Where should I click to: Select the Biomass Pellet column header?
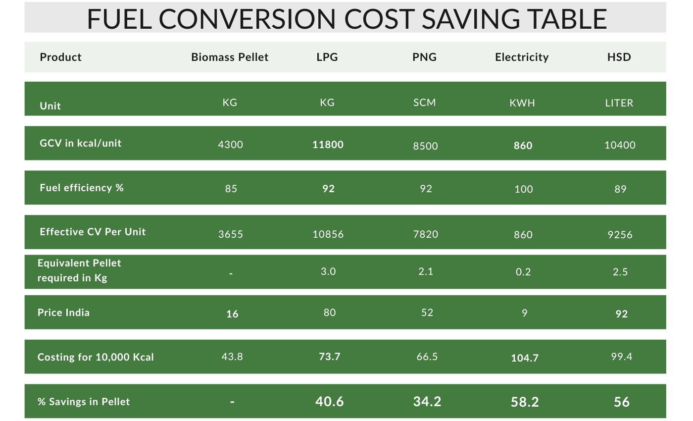click(230, 57)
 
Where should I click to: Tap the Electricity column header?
click(522, 57)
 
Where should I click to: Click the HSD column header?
click(619, 57)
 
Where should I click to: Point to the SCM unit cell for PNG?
click(425, 103)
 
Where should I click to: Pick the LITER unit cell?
click(619, 103)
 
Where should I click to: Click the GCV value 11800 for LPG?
click(328, 145)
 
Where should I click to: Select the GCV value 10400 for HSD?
click(620, 145)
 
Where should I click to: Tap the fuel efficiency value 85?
click(231, 189)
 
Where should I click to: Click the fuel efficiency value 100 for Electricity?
click(523, 189)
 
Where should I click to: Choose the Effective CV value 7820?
click(425, 234)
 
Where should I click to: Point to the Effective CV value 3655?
click(231, 234)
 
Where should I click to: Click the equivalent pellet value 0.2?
click(523, 272)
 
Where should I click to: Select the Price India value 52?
click(426, 313)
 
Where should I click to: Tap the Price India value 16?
click(232, 314)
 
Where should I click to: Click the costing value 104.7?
click(524, 358)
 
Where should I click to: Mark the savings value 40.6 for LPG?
click(329, 401)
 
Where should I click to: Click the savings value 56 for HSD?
click(621, 402)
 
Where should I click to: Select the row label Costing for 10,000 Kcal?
click(96, 357)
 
